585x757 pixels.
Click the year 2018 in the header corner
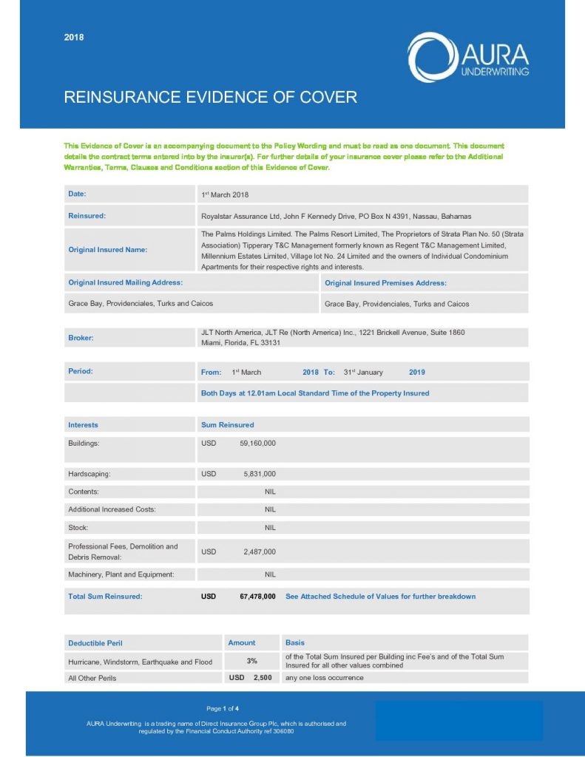click(74, 38)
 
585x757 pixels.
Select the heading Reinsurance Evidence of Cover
click(211, 97)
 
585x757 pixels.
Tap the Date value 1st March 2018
click(225, 194)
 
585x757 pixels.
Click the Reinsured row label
click(87, 216)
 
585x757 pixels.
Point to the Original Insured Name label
click(107, 249)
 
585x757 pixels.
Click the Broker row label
click(81, 337)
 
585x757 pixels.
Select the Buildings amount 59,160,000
click(257, 444)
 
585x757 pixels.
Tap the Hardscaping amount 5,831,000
click(259, 474)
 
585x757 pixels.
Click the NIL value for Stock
click(270, 528)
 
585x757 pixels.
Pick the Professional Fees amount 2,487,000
click(259, 551)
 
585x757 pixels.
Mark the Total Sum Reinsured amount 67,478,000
click(257, 596)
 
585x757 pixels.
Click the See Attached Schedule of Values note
click(380, 596)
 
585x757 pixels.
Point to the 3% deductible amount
click(252, 661)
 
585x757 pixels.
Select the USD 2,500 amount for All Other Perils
click(250, 677)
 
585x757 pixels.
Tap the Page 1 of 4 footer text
click(223, 709)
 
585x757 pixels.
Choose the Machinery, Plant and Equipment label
click(121, 574)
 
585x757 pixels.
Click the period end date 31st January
click(363, 372)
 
